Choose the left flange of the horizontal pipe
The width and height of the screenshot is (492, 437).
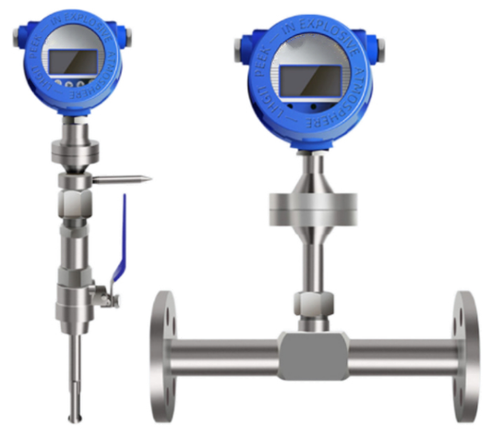163,352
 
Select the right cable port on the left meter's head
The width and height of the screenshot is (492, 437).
126,36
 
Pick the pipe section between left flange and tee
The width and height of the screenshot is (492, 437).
226,353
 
